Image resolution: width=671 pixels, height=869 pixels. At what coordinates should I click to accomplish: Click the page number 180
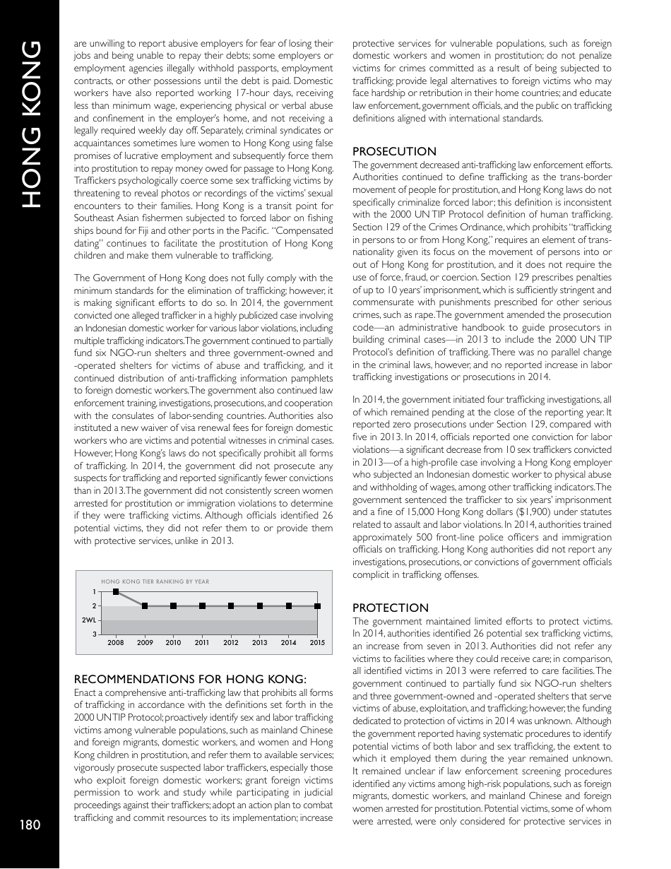[30, 824]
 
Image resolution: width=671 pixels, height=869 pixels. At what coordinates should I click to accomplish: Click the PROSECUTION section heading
[394, 151]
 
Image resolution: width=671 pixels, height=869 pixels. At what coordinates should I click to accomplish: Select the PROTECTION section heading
[390, 608]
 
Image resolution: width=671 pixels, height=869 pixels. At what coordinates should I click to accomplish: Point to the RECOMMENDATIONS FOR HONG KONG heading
[190, 680]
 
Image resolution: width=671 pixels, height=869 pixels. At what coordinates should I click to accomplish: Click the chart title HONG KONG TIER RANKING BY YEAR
[155, 581]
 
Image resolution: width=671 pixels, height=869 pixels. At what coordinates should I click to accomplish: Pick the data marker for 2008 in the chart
[116, 591]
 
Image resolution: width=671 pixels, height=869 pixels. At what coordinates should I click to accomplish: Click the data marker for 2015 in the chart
[318, 606]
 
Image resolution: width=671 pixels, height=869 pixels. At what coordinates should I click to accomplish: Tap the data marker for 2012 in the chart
[231, 606]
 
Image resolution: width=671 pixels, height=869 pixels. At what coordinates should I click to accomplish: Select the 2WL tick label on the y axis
[89, 620]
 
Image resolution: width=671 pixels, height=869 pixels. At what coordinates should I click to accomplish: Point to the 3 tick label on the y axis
[95, 634]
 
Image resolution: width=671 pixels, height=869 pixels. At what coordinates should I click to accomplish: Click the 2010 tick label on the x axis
[173, 643]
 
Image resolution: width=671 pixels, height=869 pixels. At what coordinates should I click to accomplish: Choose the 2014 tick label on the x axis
[288, 643]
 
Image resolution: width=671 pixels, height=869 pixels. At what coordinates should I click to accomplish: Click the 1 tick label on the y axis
[95, 591]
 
